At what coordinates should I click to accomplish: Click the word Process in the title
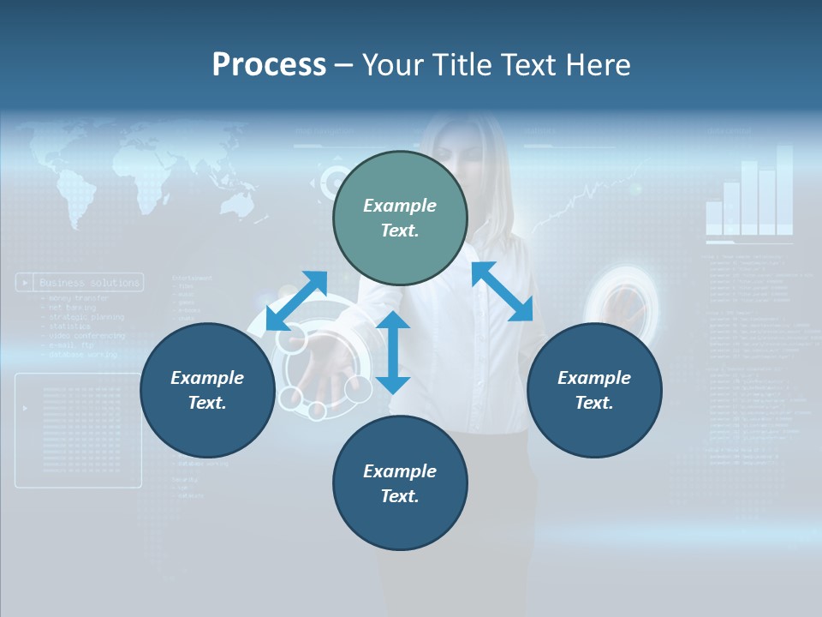[x=269, y=65]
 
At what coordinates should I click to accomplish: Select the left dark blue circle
[x=207, y=390]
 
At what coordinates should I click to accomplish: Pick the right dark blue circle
[x=594, y=390]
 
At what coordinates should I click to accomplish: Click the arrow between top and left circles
[x=296, y=301]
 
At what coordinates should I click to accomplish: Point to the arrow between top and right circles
[x=503, y=291]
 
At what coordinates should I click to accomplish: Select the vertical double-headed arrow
[x=393, y=352]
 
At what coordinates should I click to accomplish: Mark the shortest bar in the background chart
[x=714, y=218]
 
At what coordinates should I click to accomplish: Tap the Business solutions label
[x=89, y=282]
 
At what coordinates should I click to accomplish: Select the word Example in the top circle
[x=400, y=206]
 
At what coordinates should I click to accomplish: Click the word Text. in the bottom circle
[x=400, y=496]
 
